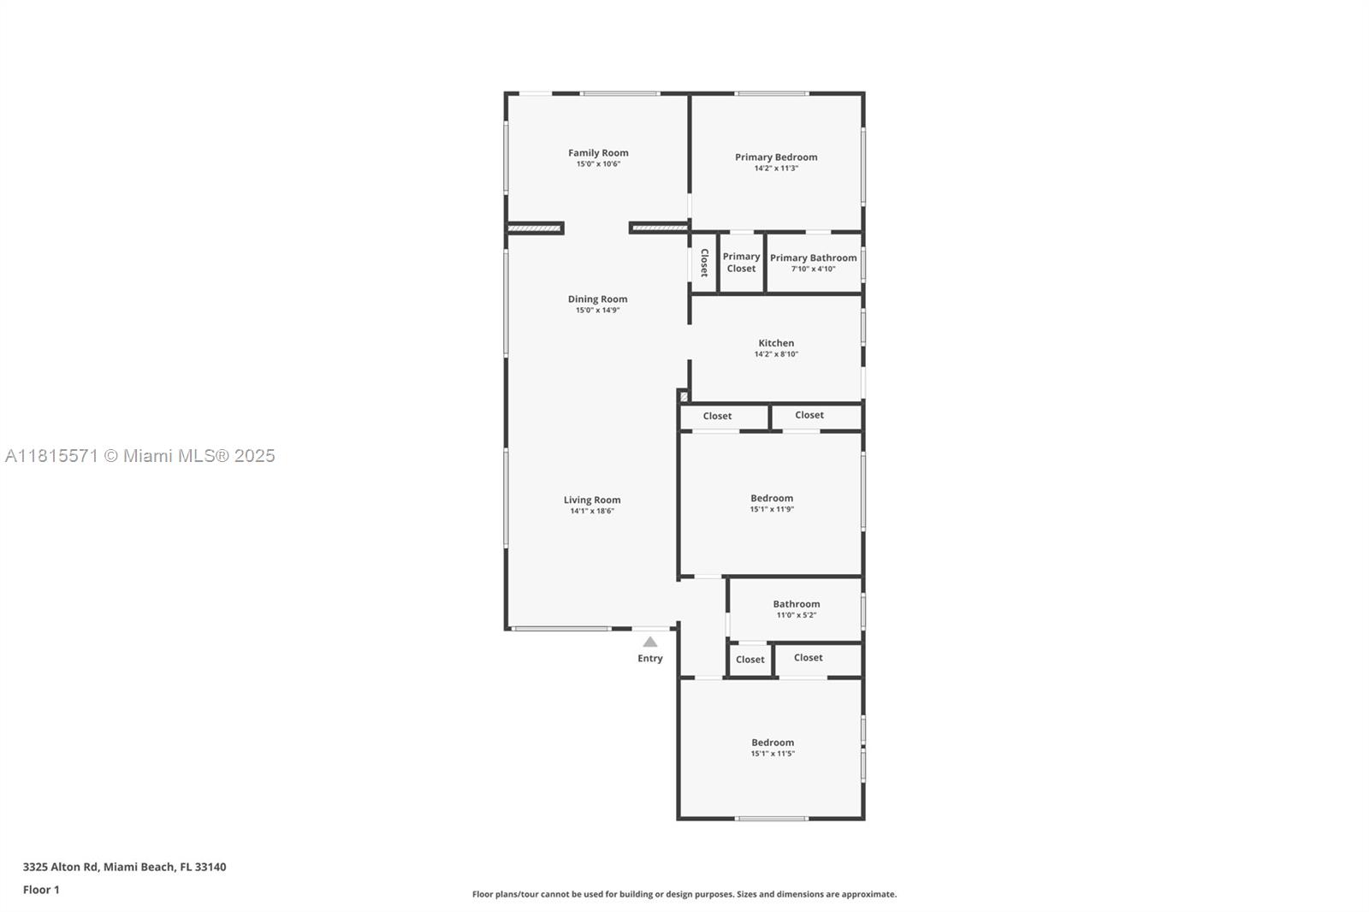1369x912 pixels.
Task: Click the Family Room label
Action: (598, 153)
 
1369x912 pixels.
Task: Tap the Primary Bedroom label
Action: (775, 157)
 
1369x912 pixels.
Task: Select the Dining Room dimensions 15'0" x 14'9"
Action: (597, 311)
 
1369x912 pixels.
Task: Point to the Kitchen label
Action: (775, 343)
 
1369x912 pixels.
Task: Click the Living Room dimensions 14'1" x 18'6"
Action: (592, 512)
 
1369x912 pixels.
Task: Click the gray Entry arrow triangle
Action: (650, 642)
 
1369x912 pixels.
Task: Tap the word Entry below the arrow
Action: (650, 659)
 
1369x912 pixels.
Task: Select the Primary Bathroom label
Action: (813, 258)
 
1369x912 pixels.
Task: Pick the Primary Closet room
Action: (741, 263)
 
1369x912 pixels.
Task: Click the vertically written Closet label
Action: (704, 263)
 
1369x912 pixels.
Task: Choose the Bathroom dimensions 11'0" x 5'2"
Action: (796, 615)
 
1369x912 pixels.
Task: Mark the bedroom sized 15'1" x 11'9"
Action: (772, 503)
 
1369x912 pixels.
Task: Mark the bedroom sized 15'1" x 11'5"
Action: (773, 748)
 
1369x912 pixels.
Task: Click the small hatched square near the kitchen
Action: (683, 396)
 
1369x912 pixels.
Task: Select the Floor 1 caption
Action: (41, 890)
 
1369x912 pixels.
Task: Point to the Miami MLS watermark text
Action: (139, 456)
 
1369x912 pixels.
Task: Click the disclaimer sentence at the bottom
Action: (684, 894)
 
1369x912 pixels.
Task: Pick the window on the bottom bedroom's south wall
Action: (771, 819)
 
